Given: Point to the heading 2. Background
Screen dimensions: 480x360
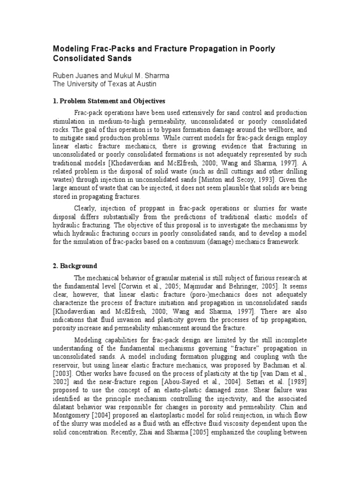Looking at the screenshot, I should click(x=75, y=266).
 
